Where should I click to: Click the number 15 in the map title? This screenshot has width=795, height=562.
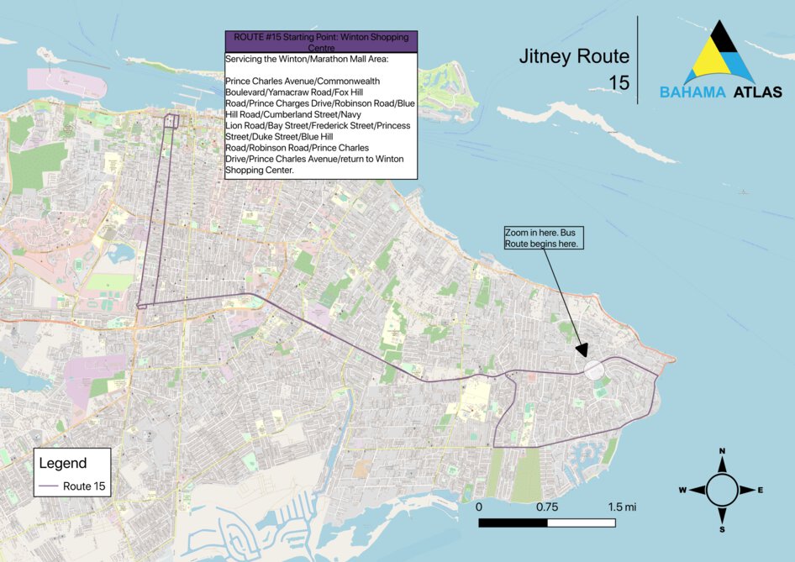click(x=620, y=82)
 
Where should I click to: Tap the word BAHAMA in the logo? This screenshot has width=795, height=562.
click(x=692, y=92)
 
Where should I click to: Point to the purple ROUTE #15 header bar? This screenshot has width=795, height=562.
click(x=321, y=42)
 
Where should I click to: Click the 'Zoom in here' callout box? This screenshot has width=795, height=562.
click(x=543, y=237)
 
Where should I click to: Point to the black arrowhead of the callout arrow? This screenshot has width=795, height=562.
click(x=582, y=351)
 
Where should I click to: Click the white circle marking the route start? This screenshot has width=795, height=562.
click(x=593, y=368)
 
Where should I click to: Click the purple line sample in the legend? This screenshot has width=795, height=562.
click(x=49, y=486)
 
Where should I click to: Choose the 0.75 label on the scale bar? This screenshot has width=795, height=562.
click(x=547, y=507)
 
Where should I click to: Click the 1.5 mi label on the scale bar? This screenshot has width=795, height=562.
click(x=622, y=507)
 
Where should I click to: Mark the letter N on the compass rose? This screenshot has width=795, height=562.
click(x=722, y=452)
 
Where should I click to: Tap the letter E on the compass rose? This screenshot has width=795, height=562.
click(x=760, y=490)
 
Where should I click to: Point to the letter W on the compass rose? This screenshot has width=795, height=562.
click(x=683, y=490)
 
